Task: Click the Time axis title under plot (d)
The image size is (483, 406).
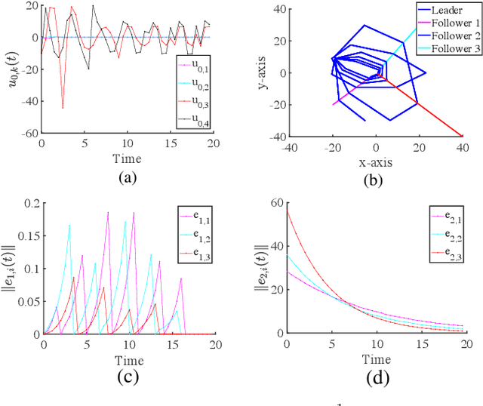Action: pyautogui.click(x=375, y=359)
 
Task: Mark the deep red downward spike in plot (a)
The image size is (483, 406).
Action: pyautogui.click(x=63, y=107)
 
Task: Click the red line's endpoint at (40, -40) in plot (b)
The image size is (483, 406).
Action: pyautogui.click(x=461, y=136)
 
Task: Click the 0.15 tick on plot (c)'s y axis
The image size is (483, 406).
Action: pyautogui.click(x=27, y=237)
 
